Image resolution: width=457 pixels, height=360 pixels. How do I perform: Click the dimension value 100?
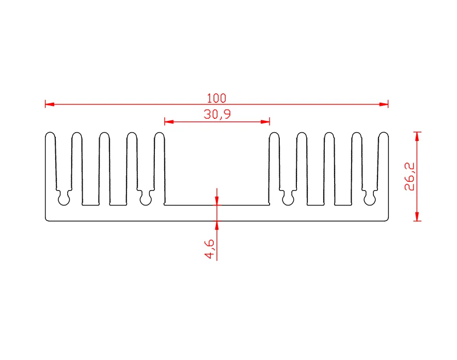coord(216,98)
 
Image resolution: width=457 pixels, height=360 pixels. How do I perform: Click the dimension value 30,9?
coord(217,114)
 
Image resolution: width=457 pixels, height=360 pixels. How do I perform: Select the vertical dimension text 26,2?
coord(409,176)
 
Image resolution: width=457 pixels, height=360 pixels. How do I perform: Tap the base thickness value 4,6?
coord(209,249)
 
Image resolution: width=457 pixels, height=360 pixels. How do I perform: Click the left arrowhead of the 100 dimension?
coord(50,104)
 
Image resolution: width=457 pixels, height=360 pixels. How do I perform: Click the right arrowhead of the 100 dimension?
coord(384,104)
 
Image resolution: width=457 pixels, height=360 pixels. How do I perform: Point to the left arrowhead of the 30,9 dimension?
coord(169,121)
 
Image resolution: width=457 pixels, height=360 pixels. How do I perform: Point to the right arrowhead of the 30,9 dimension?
coord(265,121)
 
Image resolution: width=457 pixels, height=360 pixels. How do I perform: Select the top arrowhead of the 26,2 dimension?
coord(417,136)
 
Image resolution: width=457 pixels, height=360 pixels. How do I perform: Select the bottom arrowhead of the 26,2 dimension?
coord(417,216)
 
